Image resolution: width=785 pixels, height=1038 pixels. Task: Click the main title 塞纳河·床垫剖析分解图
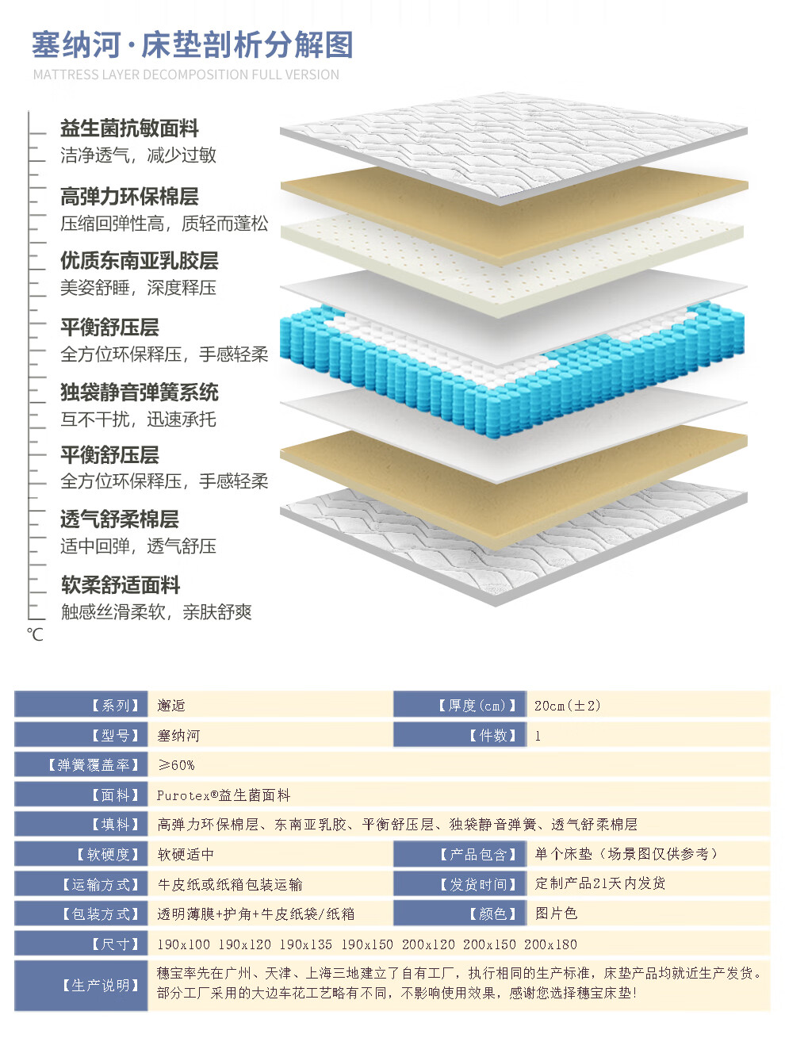[x=192, y=45]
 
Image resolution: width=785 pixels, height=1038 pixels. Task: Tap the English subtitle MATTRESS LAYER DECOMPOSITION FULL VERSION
[x=186, y=75]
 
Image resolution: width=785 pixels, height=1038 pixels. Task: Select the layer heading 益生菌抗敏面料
[x=129, y=128]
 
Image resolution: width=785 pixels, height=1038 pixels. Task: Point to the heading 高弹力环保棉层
[x=129, y=197]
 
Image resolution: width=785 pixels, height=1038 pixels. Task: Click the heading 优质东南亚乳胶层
[x=139, y=261]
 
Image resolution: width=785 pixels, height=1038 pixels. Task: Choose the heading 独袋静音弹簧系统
[x=139, y=393]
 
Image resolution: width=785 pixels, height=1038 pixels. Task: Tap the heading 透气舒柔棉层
[x=119, y=519]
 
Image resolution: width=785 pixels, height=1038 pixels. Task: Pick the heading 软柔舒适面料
[x=121, y=585]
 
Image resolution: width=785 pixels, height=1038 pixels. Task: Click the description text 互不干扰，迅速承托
[x=138, y=419]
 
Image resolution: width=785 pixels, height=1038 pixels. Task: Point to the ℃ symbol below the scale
[x=35, y=634]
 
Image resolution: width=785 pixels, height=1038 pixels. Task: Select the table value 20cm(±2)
[x=568, y=706]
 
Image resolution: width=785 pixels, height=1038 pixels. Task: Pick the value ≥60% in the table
[x=175, y=765]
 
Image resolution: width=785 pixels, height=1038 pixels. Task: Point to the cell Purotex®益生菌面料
[x=224, y=795]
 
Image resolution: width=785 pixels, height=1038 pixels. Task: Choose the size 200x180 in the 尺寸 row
[x=550, y=944]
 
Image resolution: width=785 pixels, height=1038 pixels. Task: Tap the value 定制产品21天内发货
[x=599, y=883]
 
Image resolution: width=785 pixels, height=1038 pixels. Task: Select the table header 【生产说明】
[x=101, y=986]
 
